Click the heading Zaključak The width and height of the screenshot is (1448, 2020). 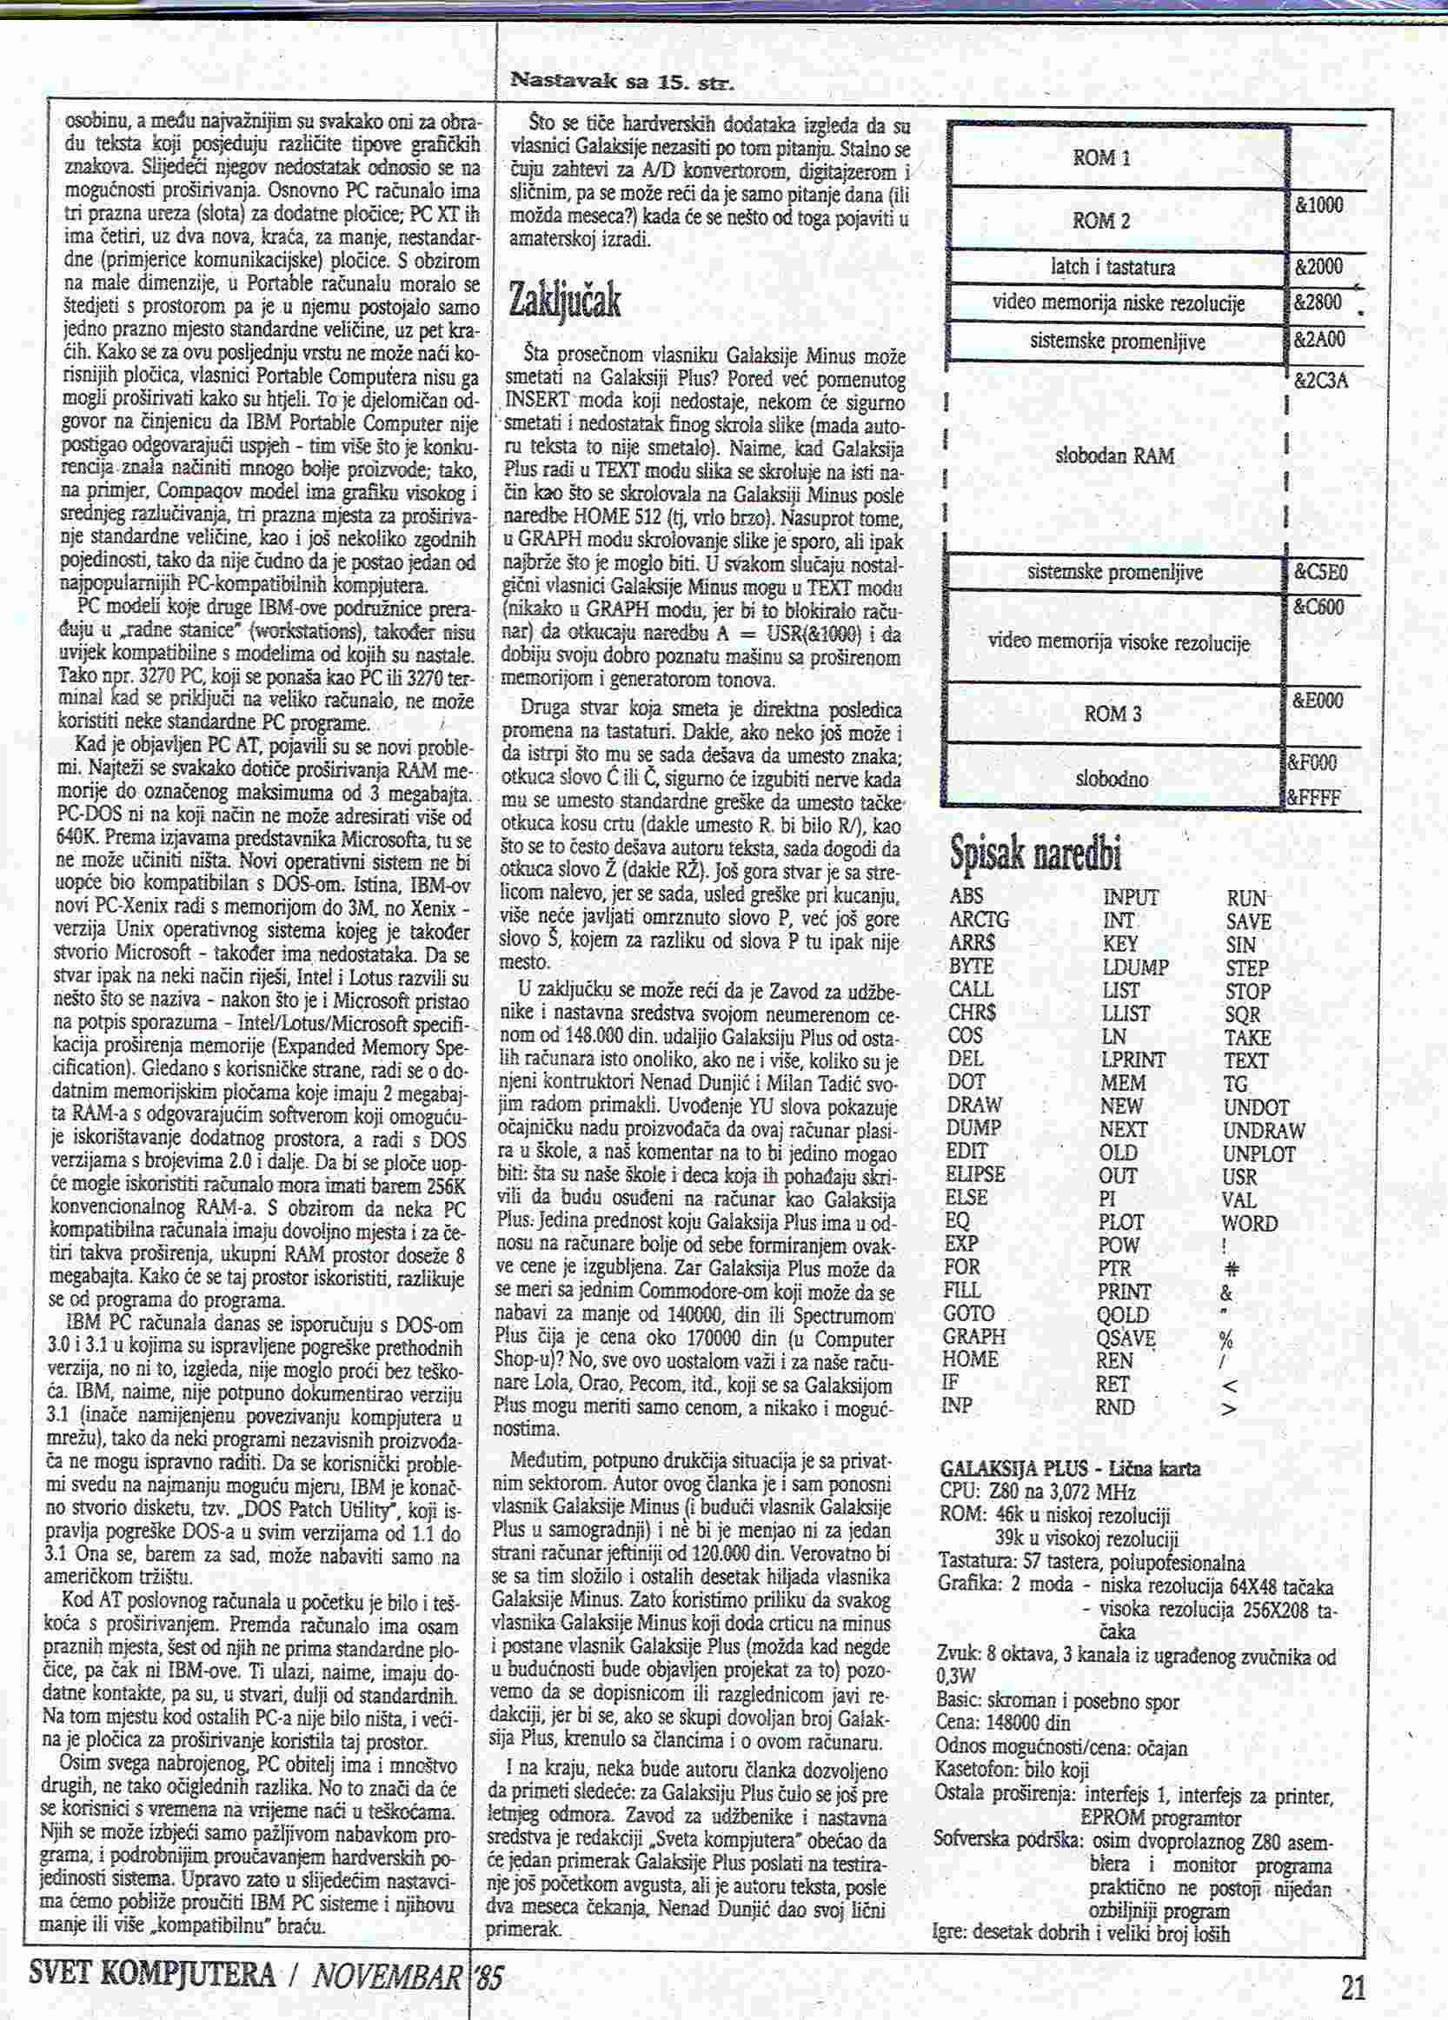click(x=564, y=301)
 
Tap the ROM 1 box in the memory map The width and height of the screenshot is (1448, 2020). click(x=1100, y=157)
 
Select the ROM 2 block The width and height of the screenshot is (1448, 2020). click(x=1100, y=221)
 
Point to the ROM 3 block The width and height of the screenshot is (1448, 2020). click(x=1113, y=713)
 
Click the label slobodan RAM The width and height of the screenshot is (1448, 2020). click(x=1114, y=457)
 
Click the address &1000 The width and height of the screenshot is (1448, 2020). click(x=1318, y=206)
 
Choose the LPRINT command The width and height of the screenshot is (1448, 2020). click(x=1132, y=1060)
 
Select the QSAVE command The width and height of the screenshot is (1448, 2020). click(x=1126, y=1338)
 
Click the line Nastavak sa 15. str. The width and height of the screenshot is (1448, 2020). click(x=621, y=83)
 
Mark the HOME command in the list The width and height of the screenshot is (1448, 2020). click(x=971, y=1360)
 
